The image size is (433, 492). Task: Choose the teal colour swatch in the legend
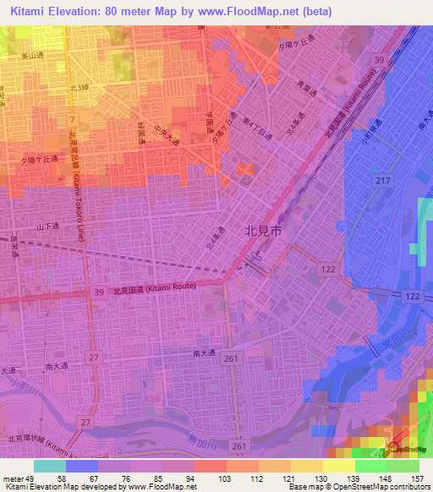coord(50,466)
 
